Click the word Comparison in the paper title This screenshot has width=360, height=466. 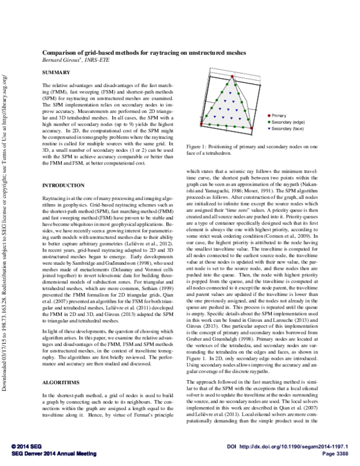(x=61, y=53)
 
